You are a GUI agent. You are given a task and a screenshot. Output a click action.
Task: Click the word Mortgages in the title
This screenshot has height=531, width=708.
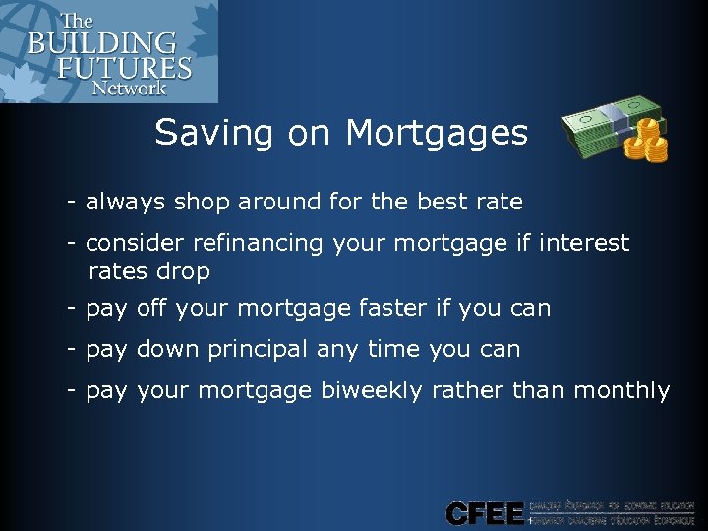pos(437,133)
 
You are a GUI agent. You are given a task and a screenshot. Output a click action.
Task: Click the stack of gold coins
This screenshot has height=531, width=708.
pos(647,140)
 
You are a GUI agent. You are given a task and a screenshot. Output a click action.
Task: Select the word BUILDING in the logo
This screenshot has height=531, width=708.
pos(102,44)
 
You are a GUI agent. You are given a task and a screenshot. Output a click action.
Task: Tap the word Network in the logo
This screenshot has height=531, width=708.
pos(130,87)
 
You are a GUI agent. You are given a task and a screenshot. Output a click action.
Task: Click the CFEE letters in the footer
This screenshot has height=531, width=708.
pos(483,513)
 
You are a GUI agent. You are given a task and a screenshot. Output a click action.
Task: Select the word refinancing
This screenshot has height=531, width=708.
pos(240,242)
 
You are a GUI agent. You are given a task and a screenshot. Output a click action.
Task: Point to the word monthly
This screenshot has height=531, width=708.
pos(620,390)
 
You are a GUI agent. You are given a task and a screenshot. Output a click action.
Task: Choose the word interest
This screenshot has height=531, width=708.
pos(586,242)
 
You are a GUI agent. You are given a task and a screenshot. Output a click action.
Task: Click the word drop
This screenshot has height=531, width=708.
pos(182,271)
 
